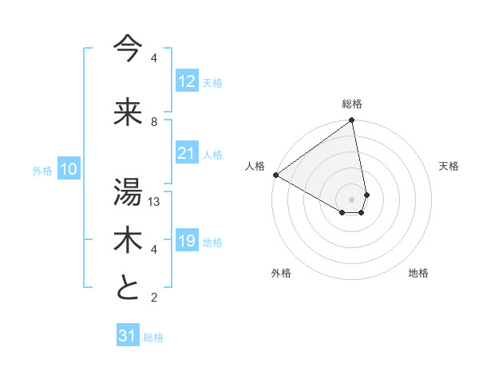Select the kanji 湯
(x=128, y=191)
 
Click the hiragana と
(x=128, y=288)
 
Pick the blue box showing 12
(x=186, y=81)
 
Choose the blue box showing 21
(x=186, y=153)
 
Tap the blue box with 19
(x=186, y=241)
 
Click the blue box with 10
(x=68, y=169)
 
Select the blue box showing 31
(x=128, y=336)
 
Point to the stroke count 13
(x=155, y=202)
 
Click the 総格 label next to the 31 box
(x=154, y=337)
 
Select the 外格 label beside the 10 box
(x=42, y=170)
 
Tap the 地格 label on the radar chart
(x=418, y=273)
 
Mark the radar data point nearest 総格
(x=352, y=121)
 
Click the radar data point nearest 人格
(x=275, y=175)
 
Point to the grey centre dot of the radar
(x=351, y=199)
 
